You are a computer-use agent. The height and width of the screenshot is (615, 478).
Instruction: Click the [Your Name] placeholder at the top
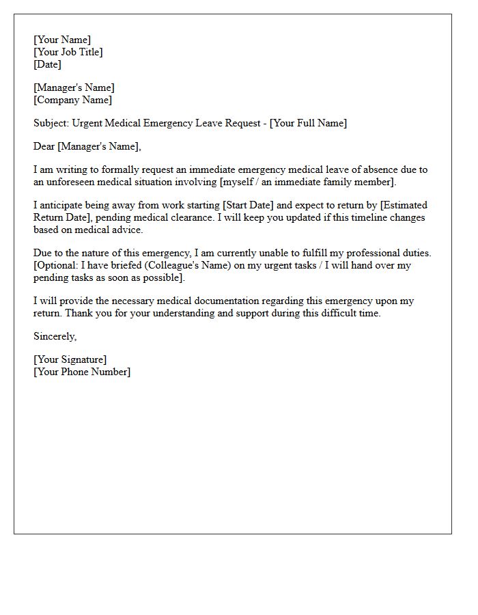coord(62,40)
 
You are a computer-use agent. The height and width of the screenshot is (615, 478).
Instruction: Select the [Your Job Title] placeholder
coord(68,52)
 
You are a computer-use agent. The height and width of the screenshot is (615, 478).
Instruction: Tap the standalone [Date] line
coord(47,64)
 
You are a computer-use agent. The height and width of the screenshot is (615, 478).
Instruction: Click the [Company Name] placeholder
coord(72,100)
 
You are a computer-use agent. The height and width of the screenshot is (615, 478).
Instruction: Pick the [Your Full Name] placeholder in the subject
coord(308,123)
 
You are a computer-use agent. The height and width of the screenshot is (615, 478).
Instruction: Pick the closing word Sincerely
coord(55,336)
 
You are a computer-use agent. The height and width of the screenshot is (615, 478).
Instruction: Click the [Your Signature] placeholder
coord(70,359)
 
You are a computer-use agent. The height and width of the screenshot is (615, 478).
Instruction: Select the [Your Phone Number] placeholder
coord(82,372)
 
